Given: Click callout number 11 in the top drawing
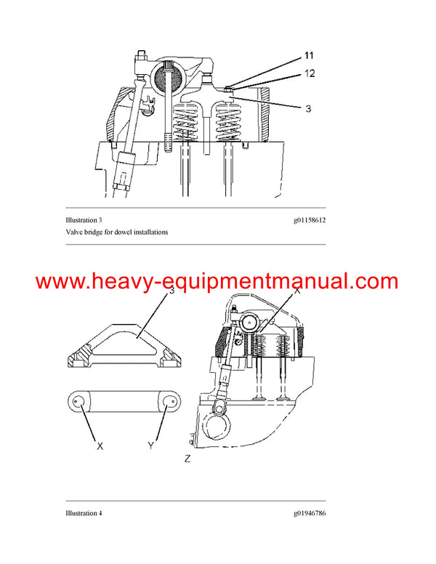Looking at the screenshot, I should (x=308, y=56).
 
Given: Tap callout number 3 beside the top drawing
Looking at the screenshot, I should (x=308, y=108).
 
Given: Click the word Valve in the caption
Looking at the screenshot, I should (x=73, y=232).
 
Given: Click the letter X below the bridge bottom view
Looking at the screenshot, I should (x=100, y=446).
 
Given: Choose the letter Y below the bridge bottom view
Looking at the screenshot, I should (x=151, y=446).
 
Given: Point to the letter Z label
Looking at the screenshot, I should (x=187, y=459).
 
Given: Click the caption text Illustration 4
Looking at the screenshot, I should (x=83, y=513).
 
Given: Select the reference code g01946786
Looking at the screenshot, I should (x=305, y=513).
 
